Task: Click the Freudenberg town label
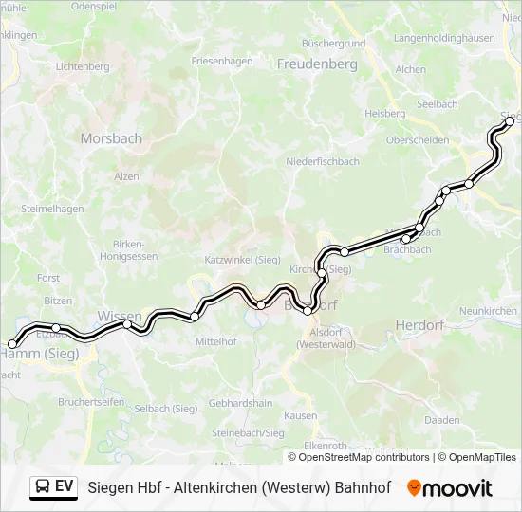[x=317, y=64]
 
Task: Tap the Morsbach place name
[x=111, y=138]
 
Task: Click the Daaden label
[x=442, y=419]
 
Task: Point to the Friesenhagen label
[x=222, y=61]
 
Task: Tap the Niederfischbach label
[x=323, y=162]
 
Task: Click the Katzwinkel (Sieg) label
[x=242, y=259]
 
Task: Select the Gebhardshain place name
[x=240, y=403]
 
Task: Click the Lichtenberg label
[x=84, y=67]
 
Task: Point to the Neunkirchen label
[x=488, y=311]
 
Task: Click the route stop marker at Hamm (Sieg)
[x=12, y=344]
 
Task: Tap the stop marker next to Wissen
[x=127, y=324]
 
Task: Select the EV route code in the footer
[x=65, y=487]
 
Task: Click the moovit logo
[x=450, y=488]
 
